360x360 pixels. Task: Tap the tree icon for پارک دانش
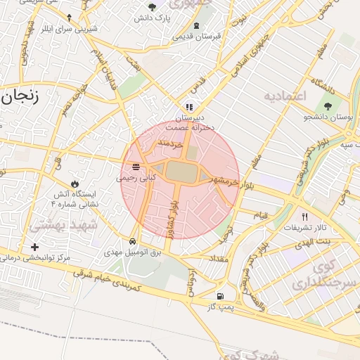coord(153,7)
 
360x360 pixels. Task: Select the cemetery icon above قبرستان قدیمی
coord(195,26)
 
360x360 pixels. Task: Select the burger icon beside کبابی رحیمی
coord(135,167)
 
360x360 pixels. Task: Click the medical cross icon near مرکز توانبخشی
coord(35,247)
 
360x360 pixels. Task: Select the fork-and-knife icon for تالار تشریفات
coord(304,217)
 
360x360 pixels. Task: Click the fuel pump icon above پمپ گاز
coord(221,296)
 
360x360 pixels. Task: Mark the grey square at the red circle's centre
coord(179,171)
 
